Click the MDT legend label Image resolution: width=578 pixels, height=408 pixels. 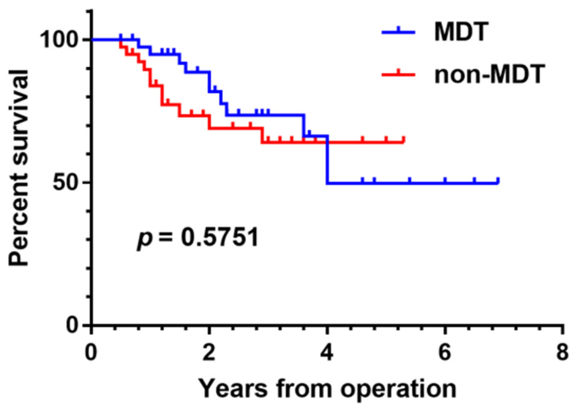[461, 32]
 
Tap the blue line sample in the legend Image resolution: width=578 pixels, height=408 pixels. [398, 32]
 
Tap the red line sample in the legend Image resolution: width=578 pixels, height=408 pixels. [398, 74]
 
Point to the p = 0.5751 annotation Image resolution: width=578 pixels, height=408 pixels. [198, 237]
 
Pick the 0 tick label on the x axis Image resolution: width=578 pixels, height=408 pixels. [91, 352]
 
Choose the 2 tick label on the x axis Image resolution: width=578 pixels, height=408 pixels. [209, 352]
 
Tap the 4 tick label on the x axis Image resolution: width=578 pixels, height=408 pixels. [327, 352]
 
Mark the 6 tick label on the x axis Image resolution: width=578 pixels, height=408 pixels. [445, 352]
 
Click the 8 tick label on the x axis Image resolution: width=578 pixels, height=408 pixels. [563, 352]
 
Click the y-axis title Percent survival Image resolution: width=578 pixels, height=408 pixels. [19, 168]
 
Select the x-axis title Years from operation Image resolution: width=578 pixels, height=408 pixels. [327, 388]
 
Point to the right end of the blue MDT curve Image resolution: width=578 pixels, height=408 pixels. [498, 182]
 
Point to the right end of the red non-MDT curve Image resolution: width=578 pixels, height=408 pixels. [404, 142]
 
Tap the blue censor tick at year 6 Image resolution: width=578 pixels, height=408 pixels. [445, 181]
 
